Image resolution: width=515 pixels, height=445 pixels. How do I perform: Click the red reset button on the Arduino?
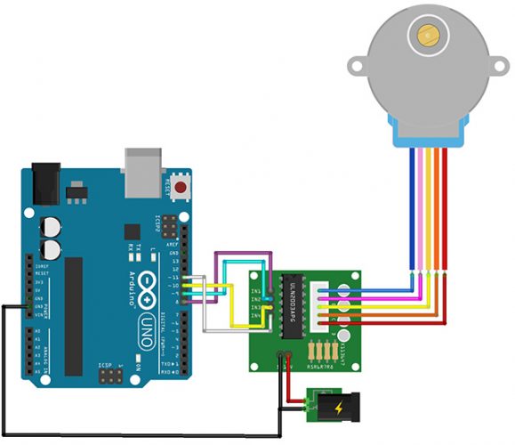(x=181, y=188)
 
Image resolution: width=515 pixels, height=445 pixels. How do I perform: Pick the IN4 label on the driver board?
(x=255, y=315)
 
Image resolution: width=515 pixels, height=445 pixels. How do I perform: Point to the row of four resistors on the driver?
(x=326, y=349)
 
